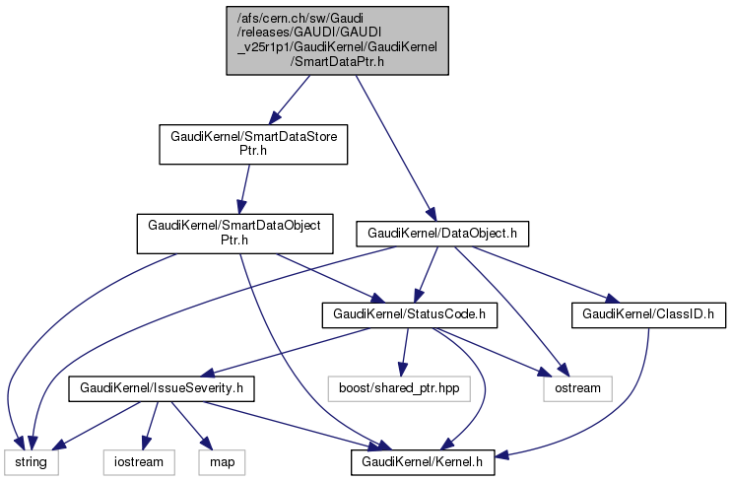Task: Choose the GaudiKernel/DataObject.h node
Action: (443, 234)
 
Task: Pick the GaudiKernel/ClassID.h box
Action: (647, 315)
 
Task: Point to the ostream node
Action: (571, 389)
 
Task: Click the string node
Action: (31, 460)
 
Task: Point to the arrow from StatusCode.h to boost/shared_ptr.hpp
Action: (404, 352)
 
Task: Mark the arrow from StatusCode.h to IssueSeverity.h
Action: (286, 352)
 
